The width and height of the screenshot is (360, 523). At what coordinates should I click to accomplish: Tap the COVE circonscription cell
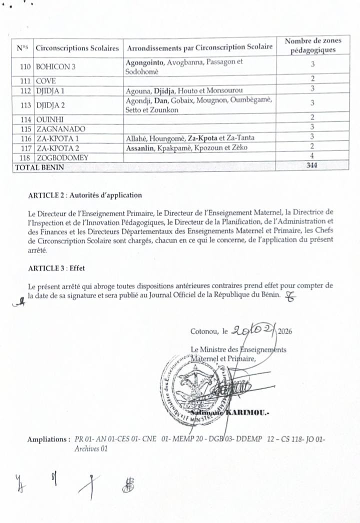coord(46,80)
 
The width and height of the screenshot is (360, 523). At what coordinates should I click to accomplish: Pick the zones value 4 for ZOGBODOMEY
coord(312,157)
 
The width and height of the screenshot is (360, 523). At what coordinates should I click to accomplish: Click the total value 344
coord(312,166)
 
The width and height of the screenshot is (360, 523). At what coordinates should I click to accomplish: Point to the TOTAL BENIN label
coord(39,167)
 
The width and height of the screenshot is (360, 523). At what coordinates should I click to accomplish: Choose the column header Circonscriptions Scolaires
coord(77,48)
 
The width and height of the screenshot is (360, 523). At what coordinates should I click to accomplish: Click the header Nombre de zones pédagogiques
coord(312,45)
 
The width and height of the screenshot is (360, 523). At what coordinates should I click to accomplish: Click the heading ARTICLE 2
coord(85,195)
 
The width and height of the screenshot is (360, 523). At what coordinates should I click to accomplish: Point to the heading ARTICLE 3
coord(57,268)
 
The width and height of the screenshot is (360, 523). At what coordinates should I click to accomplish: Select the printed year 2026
coord(285,331)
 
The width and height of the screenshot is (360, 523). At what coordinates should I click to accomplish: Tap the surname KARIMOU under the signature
coord(241,412)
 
